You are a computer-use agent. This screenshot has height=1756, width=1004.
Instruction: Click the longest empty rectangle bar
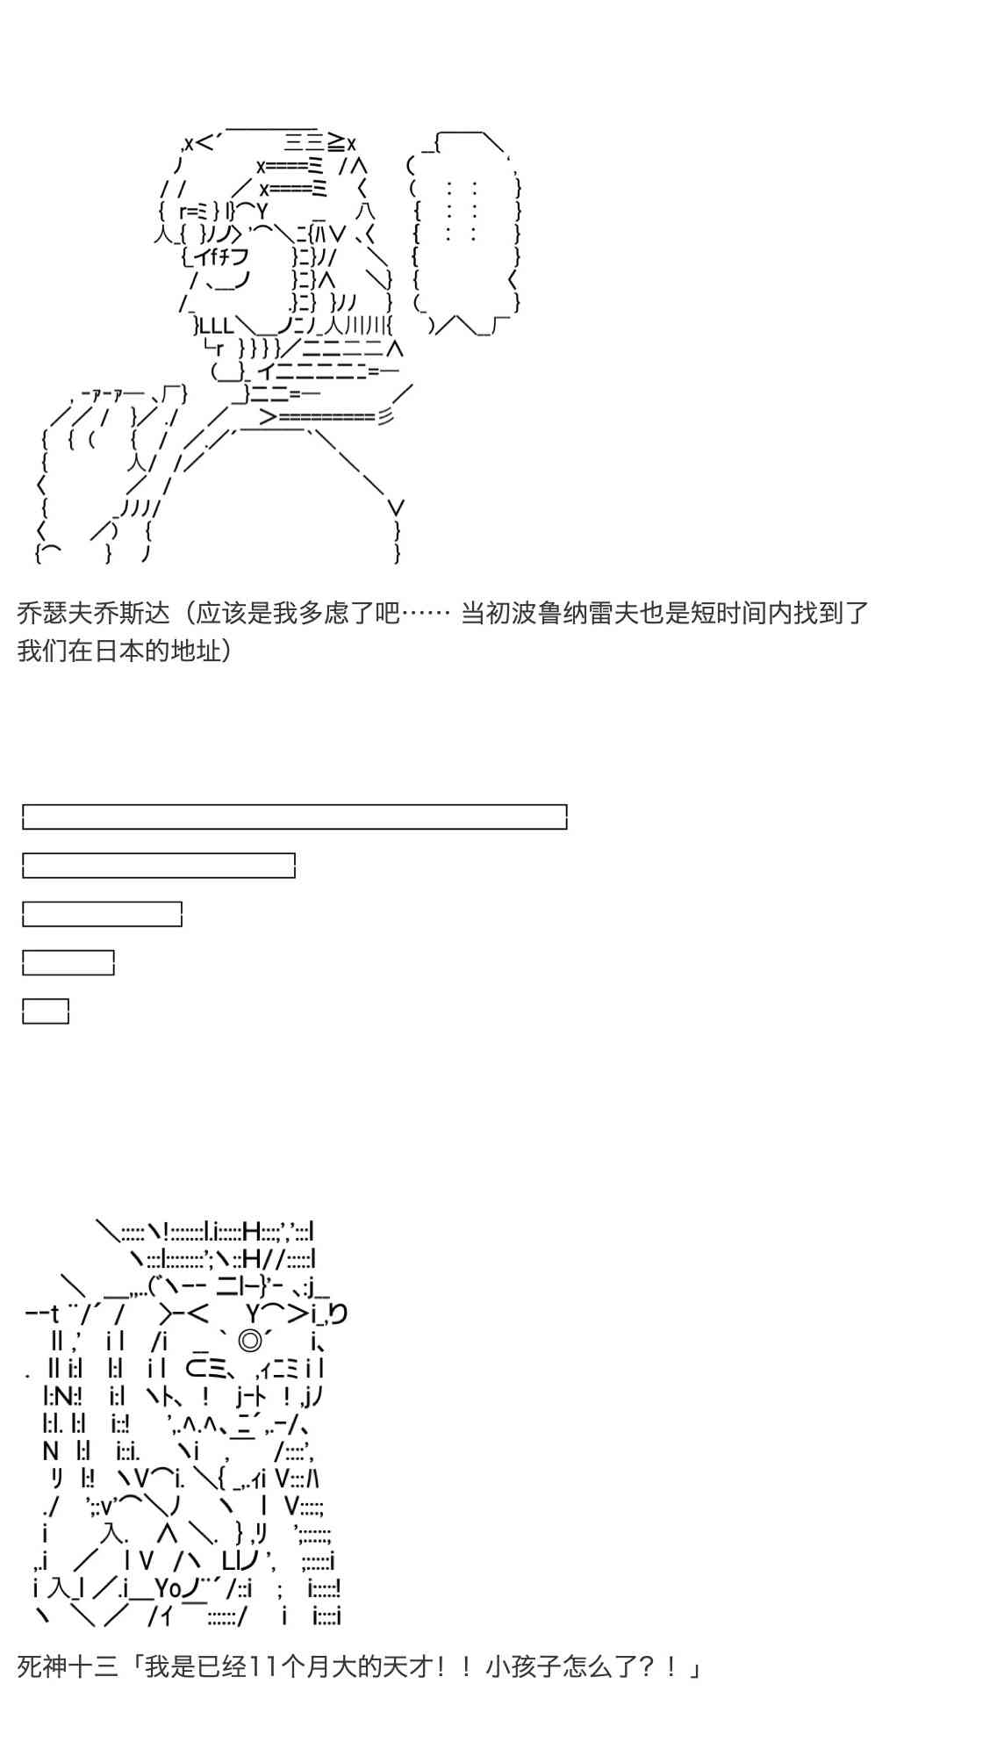point(294,817)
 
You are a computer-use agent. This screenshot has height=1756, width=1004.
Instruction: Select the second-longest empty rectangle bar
point(159,866)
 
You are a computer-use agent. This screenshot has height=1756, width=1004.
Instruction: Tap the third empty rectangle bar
point(102,914)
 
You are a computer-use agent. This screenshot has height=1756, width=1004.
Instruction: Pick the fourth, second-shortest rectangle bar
point(68,963)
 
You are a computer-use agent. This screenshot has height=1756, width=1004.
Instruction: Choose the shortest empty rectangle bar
point(46,1011)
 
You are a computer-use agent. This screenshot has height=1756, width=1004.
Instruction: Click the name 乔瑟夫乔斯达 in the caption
point(93,613)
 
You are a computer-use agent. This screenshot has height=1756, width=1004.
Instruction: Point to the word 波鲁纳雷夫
point(575,613)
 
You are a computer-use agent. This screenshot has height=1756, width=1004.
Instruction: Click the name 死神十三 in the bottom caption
point(68,1666)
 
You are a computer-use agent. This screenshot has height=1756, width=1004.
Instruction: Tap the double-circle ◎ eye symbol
point(250,1341)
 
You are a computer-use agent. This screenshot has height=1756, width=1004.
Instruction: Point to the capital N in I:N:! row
point(61,1395)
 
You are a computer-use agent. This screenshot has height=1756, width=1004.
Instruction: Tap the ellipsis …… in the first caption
point(425,613)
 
